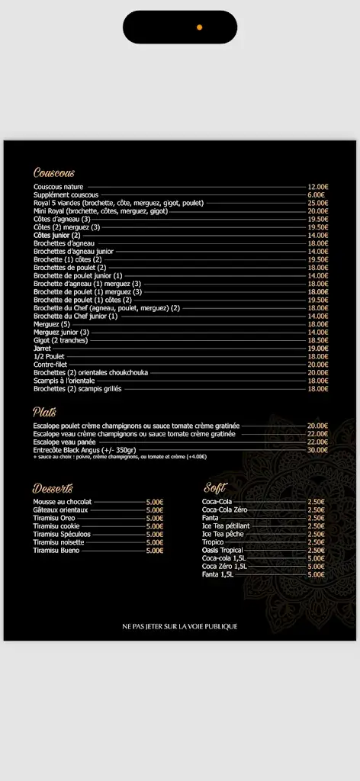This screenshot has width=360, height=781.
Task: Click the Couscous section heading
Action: click(53, 173)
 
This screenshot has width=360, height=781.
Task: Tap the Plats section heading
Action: click(44, 412)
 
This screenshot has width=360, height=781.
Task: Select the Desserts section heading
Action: click(53, 488)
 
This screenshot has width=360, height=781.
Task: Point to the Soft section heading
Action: click(214, 488)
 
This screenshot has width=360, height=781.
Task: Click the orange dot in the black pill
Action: click(199, 27)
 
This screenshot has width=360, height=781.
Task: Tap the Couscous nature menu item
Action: click(58, 187)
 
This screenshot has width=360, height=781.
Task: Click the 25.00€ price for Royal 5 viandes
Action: click(317, 203)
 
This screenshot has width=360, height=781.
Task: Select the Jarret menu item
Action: click(42, 348)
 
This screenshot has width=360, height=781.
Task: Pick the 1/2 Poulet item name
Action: click(49, 356)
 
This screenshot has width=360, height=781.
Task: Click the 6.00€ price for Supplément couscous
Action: click(319, 194)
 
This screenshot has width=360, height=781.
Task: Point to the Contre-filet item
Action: click(50, 365)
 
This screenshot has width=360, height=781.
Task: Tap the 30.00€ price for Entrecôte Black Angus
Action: click(317, 450)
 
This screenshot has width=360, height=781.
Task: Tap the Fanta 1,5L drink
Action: click(218, 574)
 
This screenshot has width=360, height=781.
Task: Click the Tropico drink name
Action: click(213, 542)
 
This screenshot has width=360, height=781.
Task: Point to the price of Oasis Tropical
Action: click(316, 550)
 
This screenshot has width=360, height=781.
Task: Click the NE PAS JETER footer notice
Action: click(180, 626)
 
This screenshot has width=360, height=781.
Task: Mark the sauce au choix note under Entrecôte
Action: click(119, 457)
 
